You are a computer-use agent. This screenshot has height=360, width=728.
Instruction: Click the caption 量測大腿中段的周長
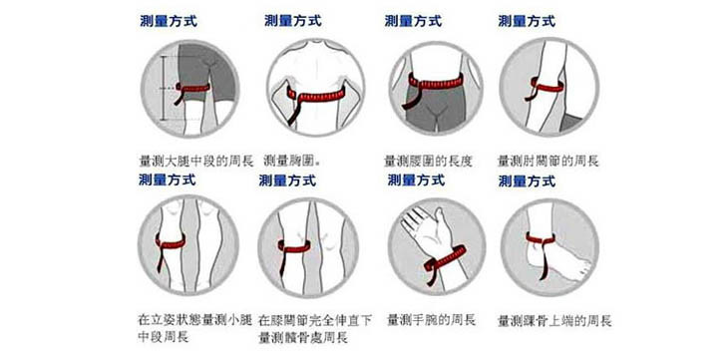coord(196,162)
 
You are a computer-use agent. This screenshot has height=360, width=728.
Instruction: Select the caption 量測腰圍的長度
coord(428,162)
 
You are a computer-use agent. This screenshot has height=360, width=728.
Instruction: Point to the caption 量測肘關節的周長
coord(548,162)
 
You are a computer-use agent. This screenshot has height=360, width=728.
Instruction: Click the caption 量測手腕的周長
coord(432,320)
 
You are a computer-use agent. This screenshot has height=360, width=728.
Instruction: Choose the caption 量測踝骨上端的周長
coord(554,321)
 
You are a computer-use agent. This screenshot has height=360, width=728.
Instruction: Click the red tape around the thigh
coord(191,88)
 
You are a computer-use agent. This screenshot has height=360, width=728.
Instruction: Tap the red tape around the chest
coord(316,96)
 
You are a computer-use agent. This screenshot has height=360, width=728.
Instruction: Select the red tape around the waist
coord(436,82)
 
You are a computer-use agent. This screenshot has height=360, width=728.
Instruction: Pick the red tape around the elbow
coord(547,86)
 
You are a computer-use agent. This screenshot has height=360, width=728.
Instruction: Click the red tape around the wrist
coord(446,258)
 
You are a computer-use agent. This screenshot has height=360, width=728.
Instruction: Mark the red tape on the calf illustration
coord(171,242)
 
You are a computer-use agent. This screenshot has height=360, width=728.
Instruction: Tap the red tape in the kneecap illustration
coord(294,246)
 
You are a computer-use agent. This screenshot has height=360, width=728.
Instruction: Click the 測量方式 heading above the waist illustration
coord(413,21)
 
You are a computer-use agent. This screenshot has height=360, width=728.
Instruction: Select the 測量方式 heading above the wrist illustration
coord(416,180)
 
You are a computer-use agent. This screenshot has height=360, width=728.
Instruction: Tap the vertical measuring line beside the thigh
coord(163,89)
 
